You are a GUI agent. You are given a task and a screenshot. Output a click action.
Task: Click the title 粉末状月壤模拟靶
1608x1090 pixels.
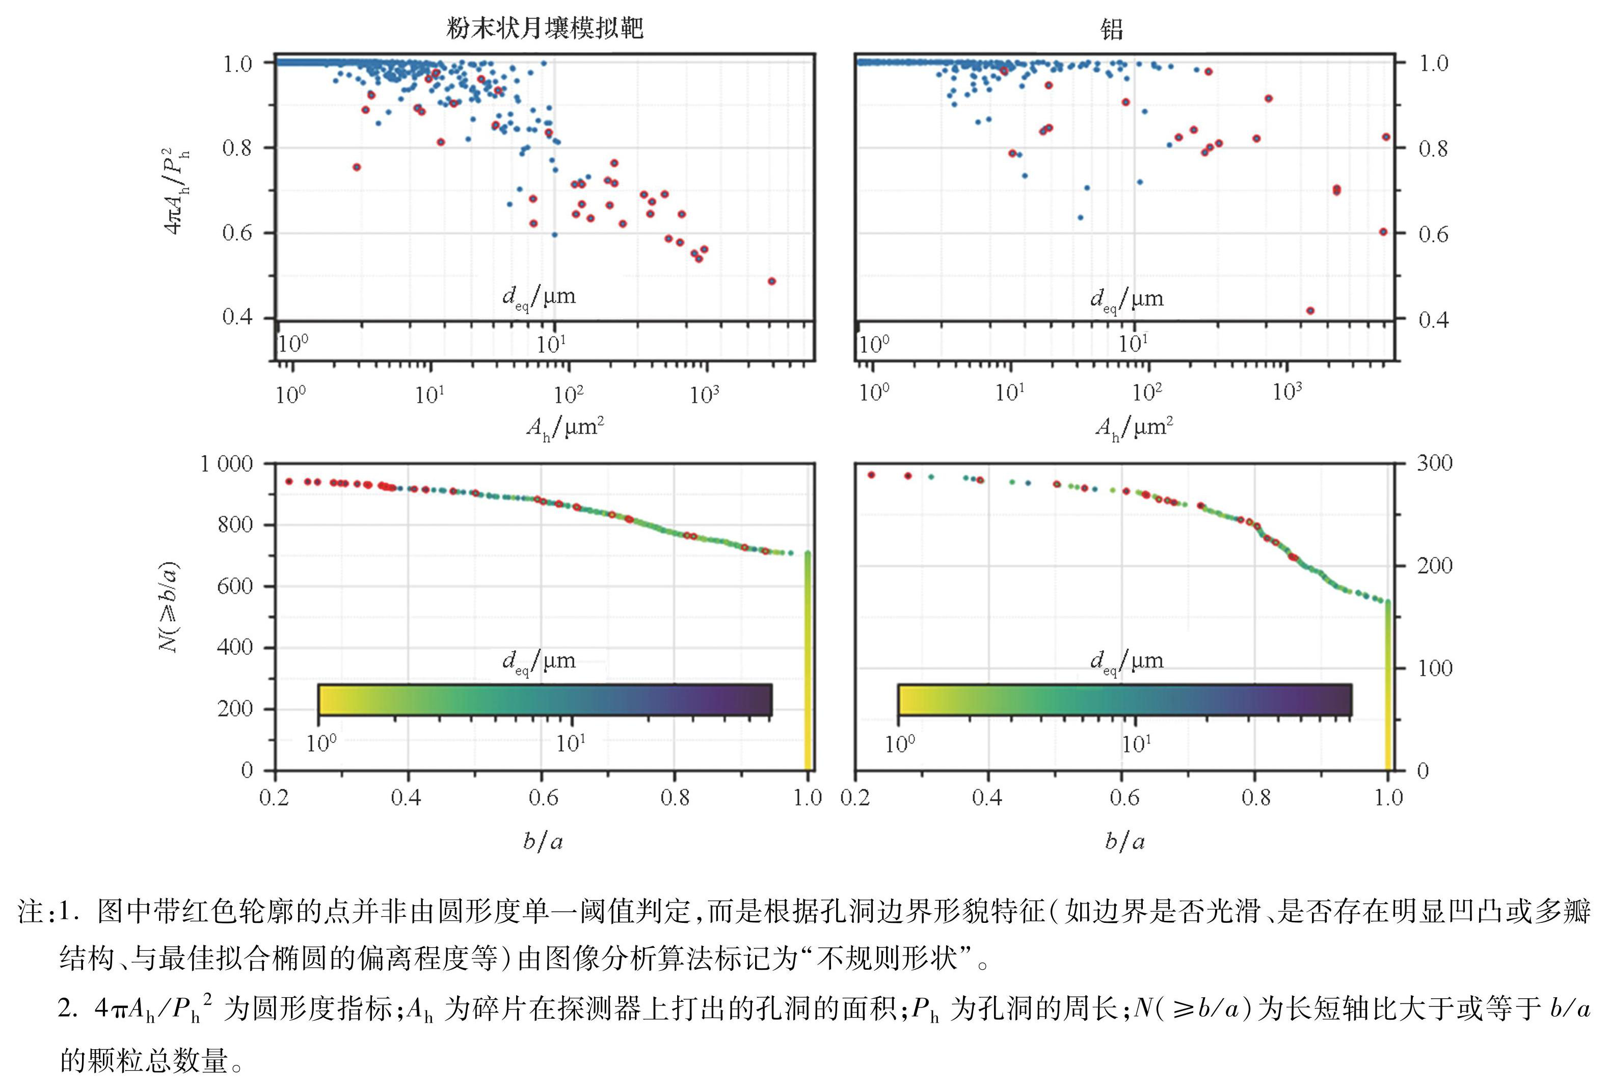click(545, 29)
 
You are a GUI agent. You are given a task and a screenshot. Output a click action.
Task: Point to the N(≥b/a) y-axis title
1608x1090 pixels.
click(168, 607)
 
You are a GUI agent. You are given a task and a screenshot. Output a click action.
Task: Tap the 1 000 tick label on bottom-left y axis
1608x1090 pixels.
click(227, 463)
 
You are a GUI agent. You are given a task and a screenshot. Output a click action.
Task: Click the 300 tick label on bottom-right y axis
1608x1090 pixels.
click(1434, 463)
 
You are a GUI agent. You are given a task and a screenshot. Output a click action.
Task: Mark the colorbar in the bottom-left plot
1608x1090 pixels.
click(545, 700)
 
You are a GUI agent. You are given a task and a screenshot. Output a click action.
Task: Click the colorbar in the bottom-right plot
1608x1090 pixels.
click(1124, 700)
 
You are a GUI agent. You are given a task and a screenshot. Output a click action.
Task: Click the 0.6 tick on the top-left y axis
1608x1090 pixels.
click(237, 233)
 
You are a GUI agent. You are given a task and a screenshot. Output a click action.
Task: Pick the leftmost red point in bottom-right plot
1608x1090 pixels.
click(871, 475)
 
